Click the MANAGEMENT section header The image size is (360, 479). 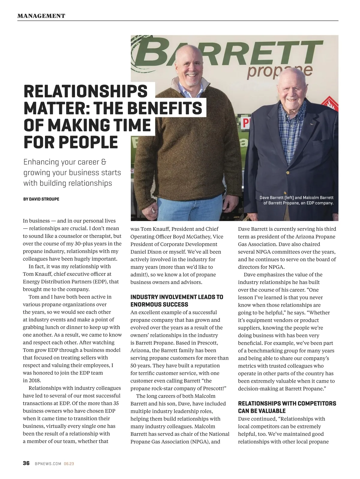pyautogui.click(x=41, y=16)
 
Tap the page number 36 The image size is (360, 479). pyautogui.click(x=26, y=463)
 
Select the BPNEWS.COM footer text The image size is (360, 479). pyautogui.click(x=48, y=464)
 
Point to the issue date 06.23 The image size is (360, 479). pyautogui.click(x=69, y=464)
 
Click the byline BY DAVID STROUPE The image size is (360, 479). pyautogui.click(x=41, y=199)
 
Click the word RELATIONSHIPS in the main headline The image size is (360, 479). pyautogui.click(x=85, y=91)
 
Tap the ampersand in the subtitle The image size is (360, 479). pyautogui.click(x=104, y=162)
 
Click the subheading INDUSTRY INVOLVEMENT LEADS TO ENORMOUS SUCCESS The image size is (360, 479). pyautogui.click(x=177, y=301)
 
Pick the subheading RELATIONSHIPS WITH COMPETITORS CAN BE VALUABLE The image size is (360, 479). pyautogui.click(x=287, y=407)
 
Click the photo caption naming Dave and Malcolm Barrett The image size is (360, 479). pyautogui.click(x=297, y=200)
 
